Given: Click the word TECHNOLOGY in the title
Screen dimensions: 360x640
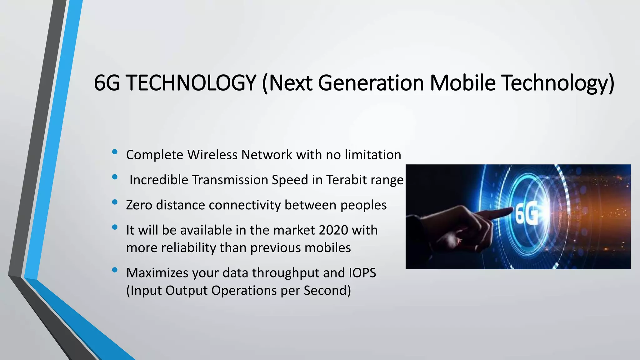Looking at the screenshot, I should click(192, 83).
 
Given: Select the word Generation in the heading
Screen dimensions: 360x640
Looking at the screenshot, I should click(371, 83).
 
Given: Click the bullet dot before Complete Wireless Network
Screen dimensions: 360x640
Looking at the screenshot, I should click(115, 152).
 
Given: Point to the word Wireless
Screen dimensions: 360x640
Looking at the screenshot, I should click(212, 155).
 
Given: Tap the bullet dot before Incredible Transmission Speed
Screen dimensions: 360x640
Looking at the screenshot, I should click(115, 177).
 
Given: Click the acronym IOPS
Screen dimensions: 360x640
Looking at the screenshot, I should click(362, 273).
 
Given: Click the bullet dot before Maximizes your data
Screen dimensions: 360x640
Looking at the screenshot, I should click(115, 270).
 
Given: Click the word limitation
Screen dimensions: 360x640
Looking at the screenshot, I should click(373, 155).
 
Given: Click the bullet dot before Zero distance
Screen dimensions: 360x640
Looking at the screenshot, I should click(115, 202).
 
